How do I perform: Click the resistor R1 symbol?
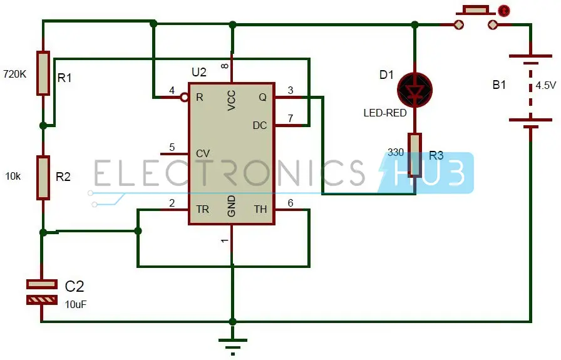(43, 73)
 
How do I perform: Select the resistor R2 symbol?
(43, 178)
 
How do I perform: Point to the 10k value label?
(12, 177)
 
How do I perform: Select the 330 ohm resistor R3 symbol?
(414, 154)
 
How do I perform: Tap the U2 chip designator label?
(198, 72)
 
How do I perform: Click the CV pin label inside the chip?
(203, 153)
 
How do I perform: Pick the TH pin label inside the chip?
(260, 210)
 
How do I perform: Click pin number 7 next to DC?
(290, 118)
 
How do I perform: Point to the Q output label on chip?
(262, 98)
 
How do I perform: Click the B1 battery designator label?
(499, 85)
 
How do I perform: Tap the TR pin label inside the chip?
(203, 210)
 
